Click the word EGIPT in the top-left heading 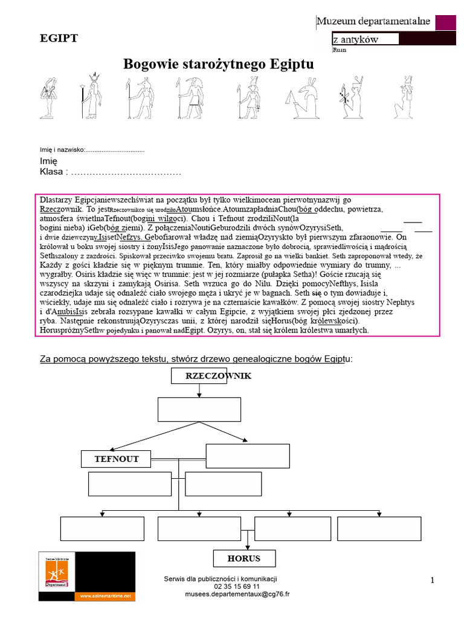[59, 39]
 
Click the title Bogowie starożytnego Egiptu [219, 64]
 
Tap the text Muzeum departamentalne [373, 22]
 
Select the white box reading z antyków [365, 39]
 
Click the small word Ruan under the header [340, 51]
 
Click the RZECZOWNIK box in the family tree [210, 376]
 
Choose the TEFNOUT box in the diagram [117, 459]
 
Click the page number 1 [433, 580]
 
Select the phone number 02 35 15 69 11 [237, 586]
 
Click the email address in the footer [237, 594]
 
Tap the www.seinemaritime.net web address [104, 595]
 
